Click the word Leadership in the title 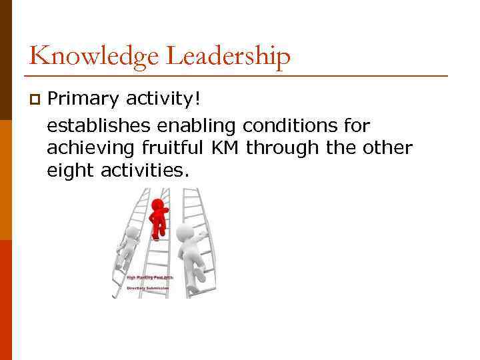point(228,57)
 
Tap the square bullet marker point(34,101)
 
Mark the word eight point(71,171)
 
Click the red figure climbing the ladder point(158,218)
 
